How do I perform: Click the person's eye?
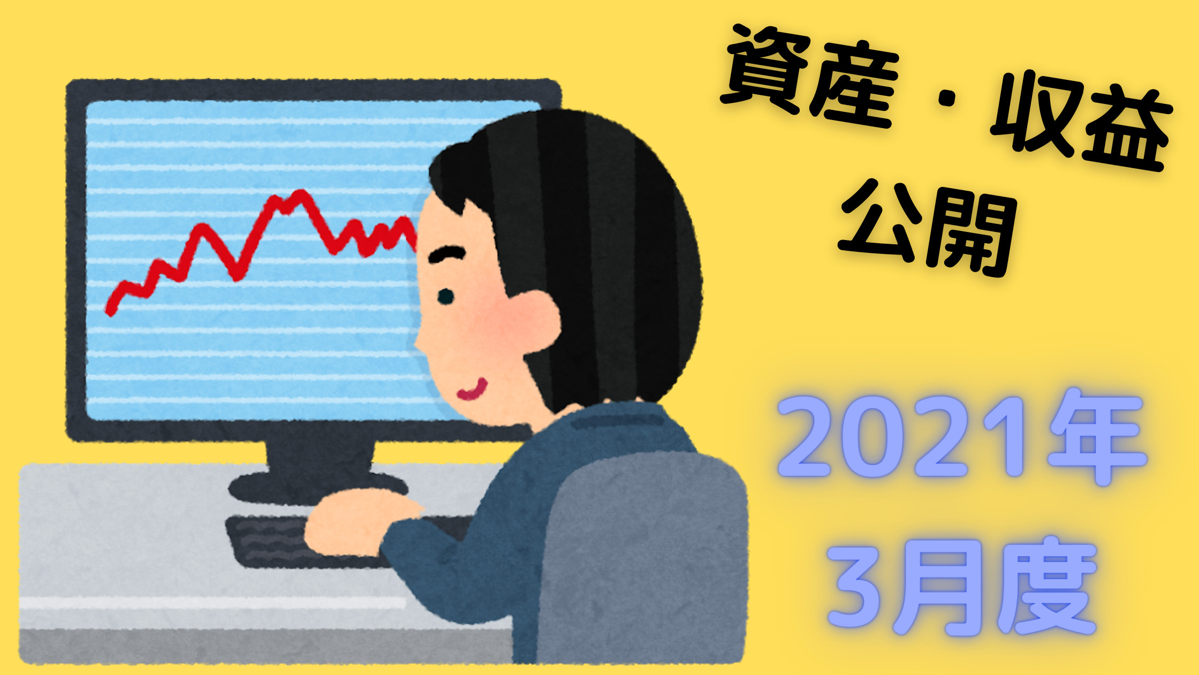click(x=445, y=296)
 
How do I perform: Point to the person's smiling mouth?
click(x=472, y=390)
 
